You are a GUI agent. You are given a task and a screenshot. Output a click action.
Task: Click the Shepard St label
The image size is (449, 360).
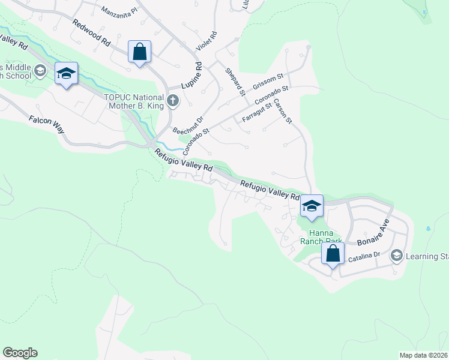[235, 82]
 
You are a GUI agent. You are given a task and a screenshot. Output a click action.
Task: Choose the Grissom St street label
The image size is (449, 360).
[268, 80]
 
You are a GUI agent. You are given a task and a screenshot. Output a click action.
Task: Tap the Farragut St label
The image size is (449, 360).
[257, 113]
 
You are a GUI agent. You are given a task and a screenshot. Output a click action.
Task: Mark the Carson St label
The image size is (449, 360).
[282, 112]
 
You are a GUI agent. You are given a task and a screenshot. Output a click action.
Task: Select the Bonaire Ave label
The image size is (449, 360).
[373, 234]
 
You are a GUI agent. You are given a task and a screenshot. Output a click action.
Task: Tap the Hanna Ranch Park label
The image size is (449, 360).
[325, 237]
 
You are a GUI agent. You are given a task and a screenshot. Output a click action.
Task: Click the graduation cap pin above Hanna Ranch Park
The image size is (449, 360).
[312, 205]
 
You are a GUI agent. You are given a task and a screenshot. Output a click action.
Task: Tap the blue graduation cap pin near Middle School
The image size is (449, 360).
[66, 73]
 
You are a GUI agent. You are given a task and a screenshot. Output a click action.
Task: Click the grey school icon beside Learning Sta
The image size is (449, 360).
[396, 256]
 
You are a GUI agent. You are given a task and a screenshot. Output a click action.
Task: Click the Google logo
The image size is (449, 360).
[20, 353]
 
